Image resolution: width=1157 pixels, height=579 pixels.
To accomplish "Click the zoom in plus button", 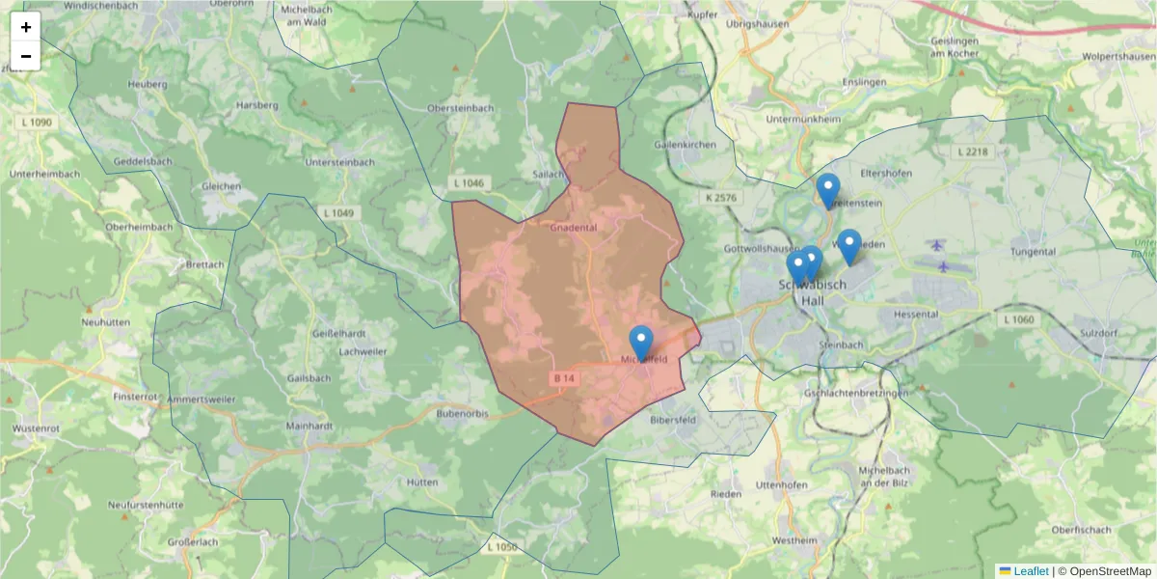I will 25,27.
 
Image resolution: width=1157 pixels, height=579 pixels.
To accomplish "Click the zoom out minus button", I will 25,56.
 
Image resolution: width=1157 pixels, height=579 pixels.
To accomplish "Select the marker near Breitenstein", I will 827,190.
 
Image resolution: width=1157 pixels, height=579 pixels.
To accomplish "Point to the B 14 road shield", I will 564,379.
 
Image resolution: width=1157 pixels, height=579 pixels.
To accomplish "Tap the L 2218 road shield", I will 973,152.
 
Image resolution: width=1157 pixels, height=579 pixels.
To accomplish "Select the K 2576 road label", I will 720,198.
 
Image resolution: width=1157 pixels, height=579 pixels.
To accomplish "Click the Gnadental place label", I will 574,228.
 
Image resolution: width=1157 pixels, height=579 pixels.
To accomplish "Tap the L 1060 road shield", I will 1018,319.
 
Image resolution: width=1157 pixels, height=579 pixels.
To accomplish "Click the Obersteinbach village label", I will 459,109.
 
